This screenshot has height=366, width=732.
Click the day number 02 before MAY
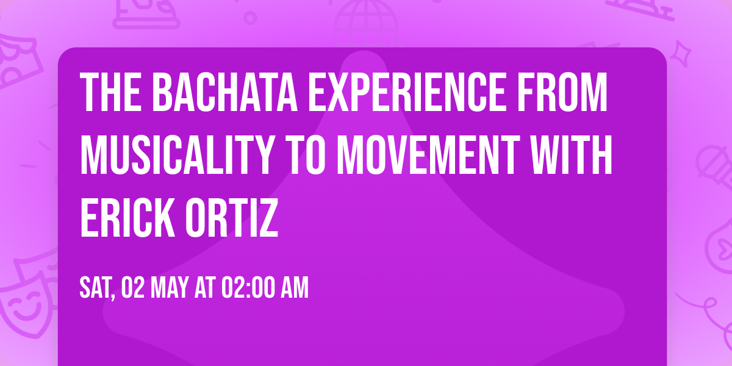point(133,288)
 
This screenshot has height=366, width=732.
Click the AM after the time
point(294,288)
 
